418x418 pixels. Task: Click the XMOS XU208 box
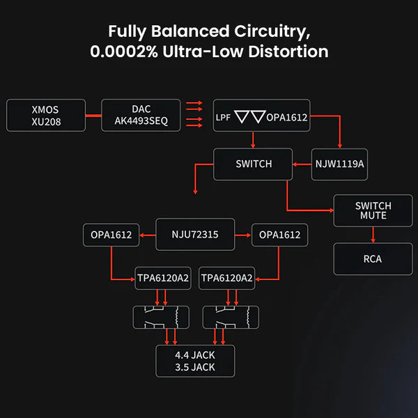pyautogui.click(x=46, y=116)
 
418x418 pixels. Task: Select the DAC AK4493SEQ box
pyautogui.click(x=141, y=116)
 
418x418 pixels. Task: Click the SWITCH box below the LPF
pyautogui.click(x=253, y=164)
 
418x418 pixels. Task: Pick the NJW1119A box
pyautogui.click(x=339, y=164)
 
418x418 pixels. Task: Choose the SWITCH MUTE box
pyautogui.click(x=373, y=210)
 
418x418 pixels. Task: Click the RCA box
pyautogui.click(x=373, y=259)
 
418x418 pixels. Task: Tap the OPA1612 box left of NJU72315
pyautogui.click(x=111, y=235)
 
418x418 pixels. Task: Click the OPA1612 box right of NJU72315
pyautogui.click(x=279, y=235)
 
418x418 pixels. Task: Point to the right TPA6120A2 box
pyautogui.click(x=227, y=279)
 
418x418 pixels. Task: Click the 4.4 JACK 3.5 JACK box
pyautogui.click(x=195, y=361)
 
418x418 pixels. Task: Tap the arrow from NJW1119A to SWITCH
pyautogui.click(x=302, y=165)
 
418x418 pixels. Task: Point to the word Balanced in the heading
pyautogui.click(x=188, y=31)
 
